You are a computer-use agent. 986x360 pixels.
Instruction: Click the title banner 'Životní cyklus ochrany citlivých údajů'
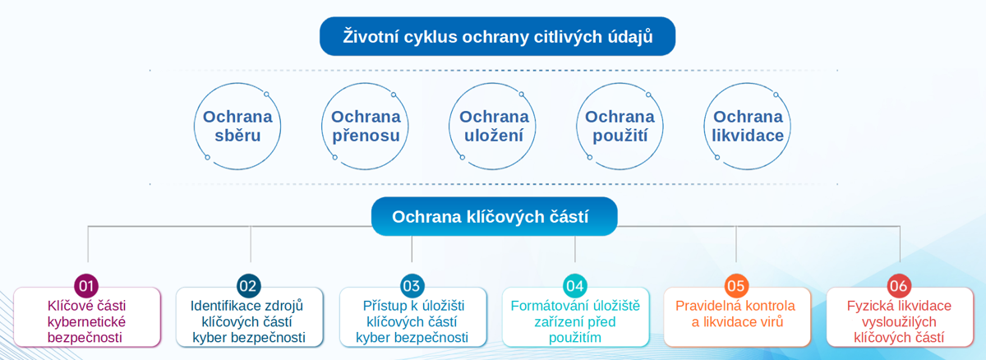(x=497, y=37)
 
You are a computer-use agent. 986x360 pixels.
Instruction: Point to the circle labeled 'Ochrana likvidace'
(x=747, y=126)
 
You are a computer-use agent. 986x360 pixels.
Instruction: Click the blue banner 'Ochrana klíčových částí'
(x=493, y=217)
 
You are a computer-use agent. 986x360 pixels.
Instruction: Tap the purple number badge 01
(x=86, y=286)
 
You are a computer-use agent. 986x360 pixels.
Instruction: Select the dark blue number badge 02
(x=248, y=286)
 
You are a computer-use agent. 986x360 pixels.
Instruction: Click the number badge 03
(x=412, y=286)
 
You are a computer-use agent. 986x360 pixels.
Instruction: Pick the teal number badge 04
(x=575, y=286)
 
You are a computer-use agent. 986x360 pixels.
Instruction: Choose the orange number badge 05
(x=736, y=286)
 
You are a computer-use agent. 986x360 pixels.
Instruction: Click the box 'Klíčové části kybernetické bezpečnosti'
(x=86, y=321)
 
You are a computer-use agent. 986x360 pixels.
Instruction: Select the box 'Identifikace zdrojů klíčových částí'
(x=248, y=321)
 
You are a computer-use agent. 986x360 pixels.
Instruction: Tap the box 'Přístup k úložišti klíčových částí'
(x=412, y=321)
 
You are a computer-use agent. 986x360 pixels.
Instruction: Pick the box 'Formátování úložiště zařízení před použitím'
(x=575, y=321)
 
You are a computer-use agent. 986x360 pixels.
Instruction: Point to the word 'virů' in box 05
(x=770, y=321)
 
